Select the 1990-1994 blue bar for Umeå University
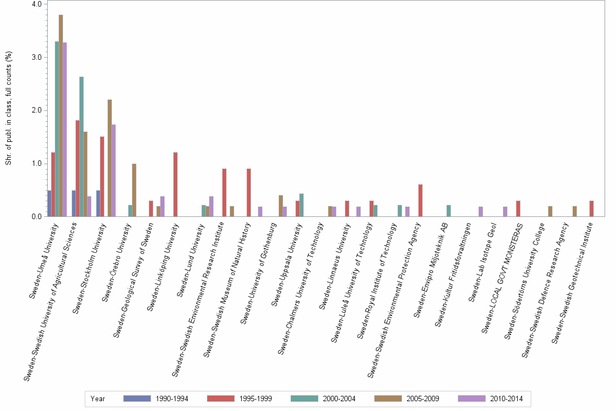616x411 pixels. click(x=49, y=203)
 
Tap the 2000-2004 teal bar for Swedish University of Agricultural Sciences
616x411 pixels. click(x=81, y=146)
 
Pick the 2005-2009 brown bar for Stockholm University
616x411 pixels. click(x=110, y=158)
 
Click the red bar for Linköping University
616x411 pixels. click(x=175, y=184)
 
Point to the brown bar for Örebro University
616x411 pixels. click(x=134, y=190)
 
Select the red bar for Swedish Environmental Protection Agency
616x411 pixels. click(x=420, y=201)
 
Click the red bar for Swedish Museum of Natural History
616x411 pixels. click(x=249, y=192)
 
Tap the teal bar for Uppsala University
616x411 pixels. click(x=301, y=205)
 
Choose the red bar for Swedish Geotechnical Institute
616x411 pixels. click(x=592, y=209)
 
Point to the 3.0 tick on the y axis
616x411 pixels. click(x=37, y=57)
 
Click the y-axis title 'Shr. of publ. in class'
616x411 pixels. click(x=9, y=109)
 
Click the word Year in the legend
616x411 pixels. click(x=98, y=399)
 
